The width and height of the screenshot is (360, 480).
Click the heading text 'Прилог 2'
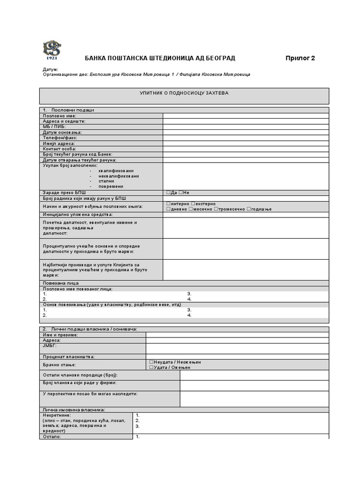click(x=300, y=58)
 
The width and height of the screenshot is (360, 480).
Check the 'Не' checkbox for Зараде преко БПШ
click(x=180, y=193)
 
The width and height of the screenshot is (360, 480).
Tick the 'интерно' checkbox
click(x=168, y=204)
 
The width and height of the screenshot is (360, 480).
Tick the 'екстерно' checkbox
click(x=193, y=204)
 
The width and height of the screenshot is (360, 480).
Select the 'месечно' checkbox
click(x=190, y=209)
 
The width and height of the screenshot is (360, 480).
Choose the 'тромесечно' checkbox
click(x=216, y=209)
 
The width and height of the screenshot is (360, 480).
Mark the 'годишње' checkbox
click(x=249, y=209)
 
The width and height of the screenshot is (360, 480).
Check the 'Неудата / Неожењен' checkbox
click(x=151, y=362)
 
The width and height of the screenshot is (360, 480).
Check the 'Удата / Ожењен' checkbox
click(x=151, y=367)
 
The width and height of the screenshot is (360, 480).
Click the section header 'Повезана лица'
click(x=60, y=283)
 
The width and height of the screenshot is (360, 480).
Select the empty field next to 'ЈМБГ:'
click(x=237, y=348)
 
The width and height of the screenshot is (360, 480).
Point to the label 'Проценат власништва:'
click(x=68, y=357)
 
